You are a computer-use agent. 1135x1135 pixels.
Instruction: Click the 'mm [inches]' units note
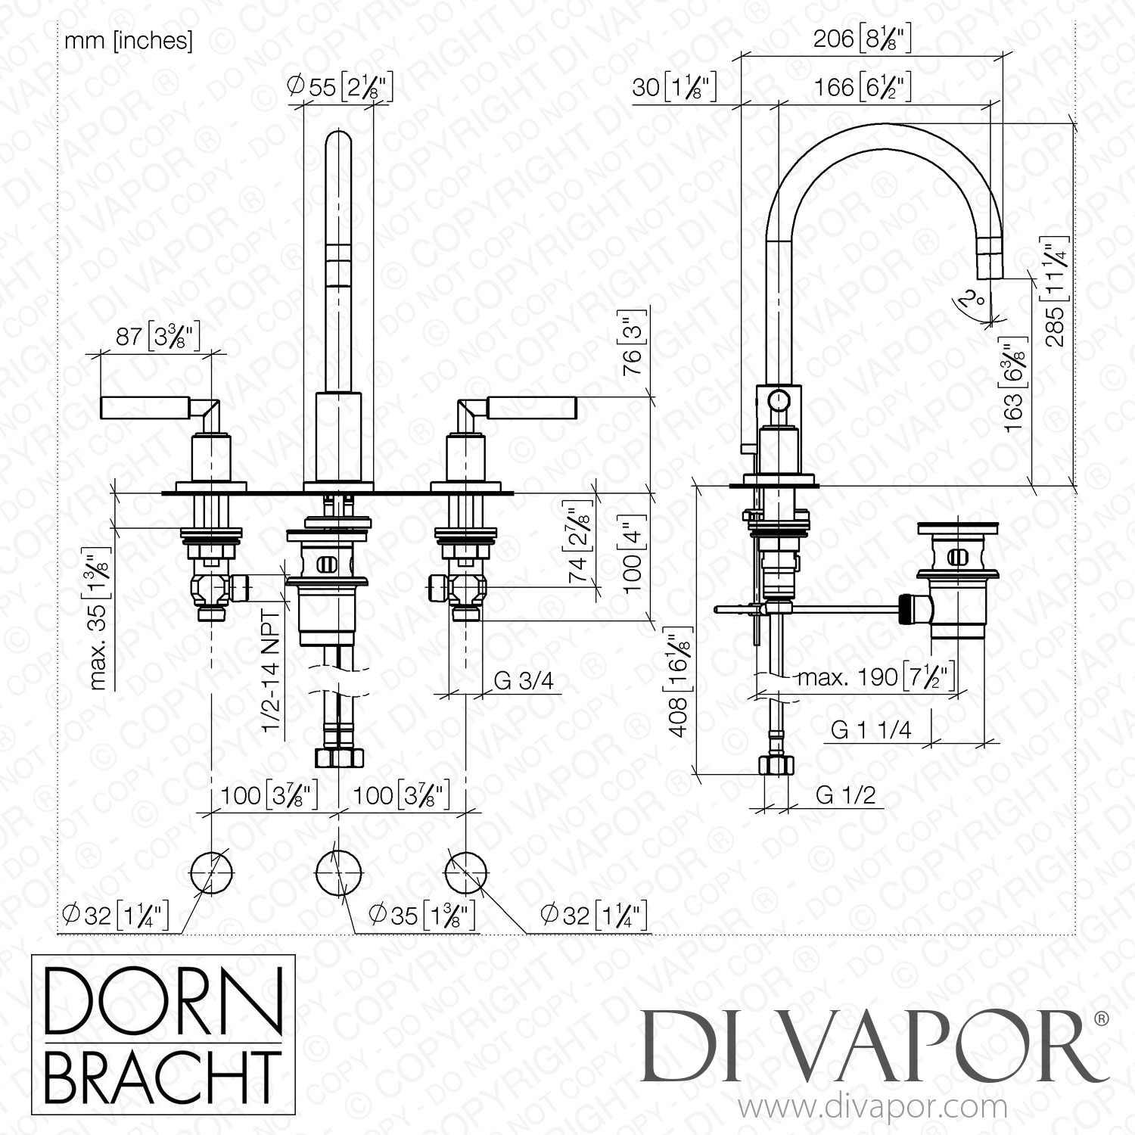(128, 41)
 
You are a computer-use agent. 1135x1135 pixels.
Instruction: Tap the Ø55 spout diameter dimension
(340, 87)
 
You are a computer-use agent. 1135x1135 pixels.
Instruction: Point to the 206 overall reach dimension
(862, 39)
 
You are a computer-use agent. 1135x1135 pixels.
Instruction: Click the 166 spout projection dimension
(862, 87)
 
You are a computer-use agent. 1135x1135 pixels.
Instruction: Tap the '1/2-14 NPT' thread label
(272, 670)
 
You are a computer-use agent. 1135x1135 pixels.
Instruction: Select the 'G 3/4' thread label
(524, 681)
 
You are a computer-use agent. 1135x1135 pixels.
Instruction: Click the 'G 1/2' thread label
(846, 794)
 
